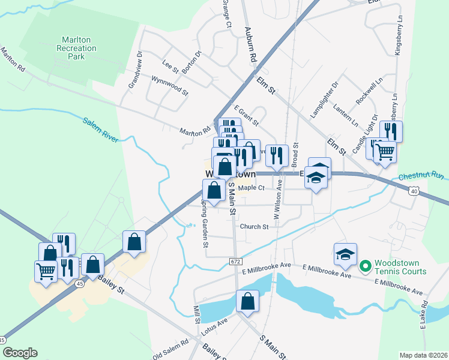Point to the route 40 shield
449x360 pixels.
click(414, 191)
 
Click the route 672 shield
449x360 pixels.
click(235, 261)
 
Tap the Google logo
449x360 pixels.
click(19, 352)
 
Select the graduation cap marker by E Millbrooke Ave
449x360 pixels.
click(345, 255)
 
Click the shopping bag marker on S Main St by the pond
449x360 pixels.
click(247, 302)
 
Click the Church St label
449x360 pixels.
click(254, 227)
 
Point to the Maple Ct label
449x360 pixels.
click(252, 188)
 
